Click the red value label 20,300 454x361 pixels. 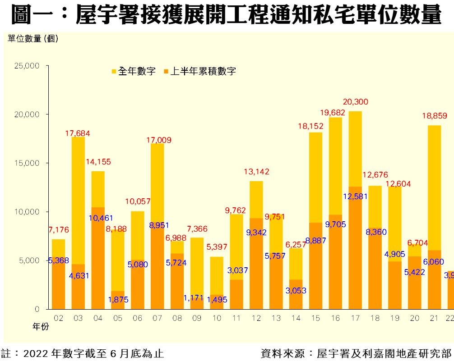pyautogui.click(x=355, y=102)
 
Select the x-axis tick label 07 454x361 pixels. pyautogui.click(x=157, y=318)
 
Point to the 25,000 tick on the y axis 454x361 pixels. pyautogui.click(x=27, y=66)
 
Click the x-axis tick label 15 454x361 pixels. pyautogui.click(x=316, y=318)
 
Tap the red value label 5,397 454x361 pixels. pyautogui.click(x=217, y=247)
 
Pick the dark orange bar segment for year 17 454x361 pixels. pyautogui.click(x=355, y=248)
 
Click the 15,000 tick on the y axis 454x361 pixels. pyautogui.click(x=27, y=163)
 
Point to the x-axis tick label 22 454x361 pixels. pyautogui.click(x=449, y=318)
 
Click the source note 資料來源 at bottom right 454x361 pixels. pyautogui.click(x=357, y=353)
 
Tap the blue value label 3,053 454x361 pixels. pyautogui.click(x=296, y=291)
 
